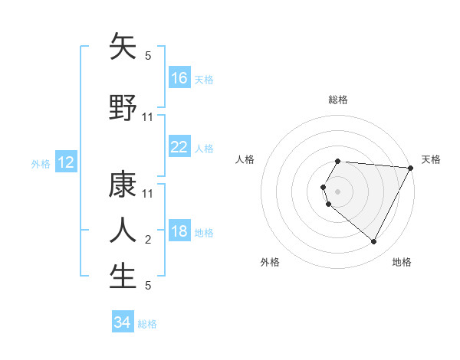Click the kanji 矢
(123, 47)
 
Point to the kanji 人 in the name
(123, 230)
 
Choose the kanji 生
(123, 276)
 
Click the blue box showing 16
(179, 77)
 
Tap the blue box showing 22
(179, 147)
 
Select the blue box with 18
(179, 231)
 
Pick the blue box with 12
(65, 162)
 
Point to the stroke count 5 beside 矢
(148, 56)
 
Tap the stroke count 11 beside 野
(148, 116)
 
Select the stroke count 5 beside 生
(148, 286)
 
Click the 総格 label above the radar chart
(338, 100)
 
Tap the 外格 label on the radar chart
(270, 262)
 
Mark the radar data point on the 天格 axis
(411, 168)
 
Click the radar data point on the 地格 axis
(374, 242)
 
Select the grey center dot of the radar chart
(338, 191)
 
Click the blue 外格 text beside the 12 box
(41, 163)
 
